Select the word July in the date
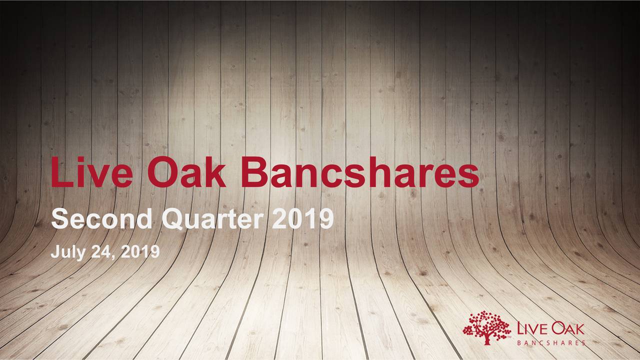pyautogui.click(x=66, y=253)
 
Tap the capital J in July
pyautogui.click(x=54, y=252)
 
